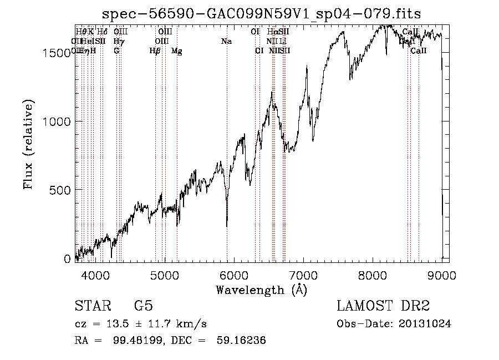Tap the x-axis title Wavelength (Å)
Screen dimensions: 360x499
(261, 289)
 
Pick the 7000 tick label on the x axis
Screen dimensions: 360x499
(303, 275)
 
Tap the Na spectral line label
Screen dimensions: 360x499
(226, 42)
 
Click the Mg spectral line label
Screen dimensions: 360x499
(177, 51)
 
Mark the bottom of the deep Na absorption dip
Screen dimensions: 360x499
(227, 225)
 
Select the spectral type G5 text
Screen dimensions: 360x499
(143, 306)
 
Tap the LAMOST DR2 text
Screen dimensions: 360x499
(383, 306)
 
